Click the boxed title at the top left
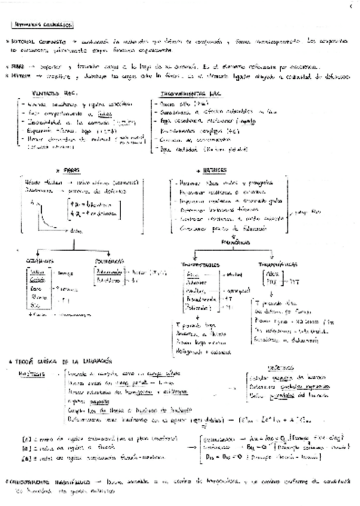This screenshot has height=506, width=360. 42,25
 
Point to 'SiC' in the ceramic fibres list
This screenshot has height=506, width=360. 36,305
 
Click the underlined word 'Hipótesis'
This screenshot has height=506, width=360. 32,372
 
